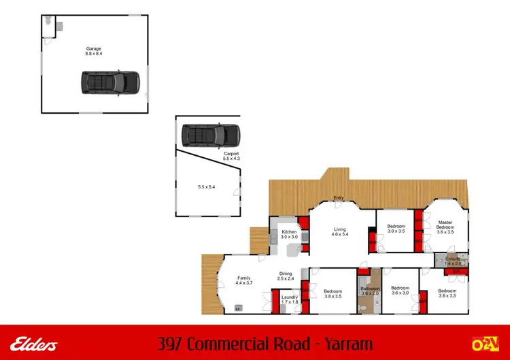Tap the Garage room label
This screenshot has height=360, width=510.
(93, 48)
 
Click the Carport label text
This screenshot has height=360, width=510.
(232, 154)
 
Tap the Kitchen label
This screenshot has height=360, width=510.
(290, 232)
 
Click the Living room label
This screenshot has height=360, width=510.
(340, 229)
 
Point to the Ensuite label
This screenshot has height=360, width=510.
(454, 259)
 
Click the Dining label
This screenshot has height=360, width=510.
(286, 274)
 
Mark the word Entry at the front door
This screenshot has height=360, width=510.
(338, 199)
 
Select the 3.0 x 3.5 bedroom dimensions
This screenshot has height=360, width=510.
(396, 231)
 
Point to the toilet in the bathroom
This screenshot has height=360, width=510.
(366, 308)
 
